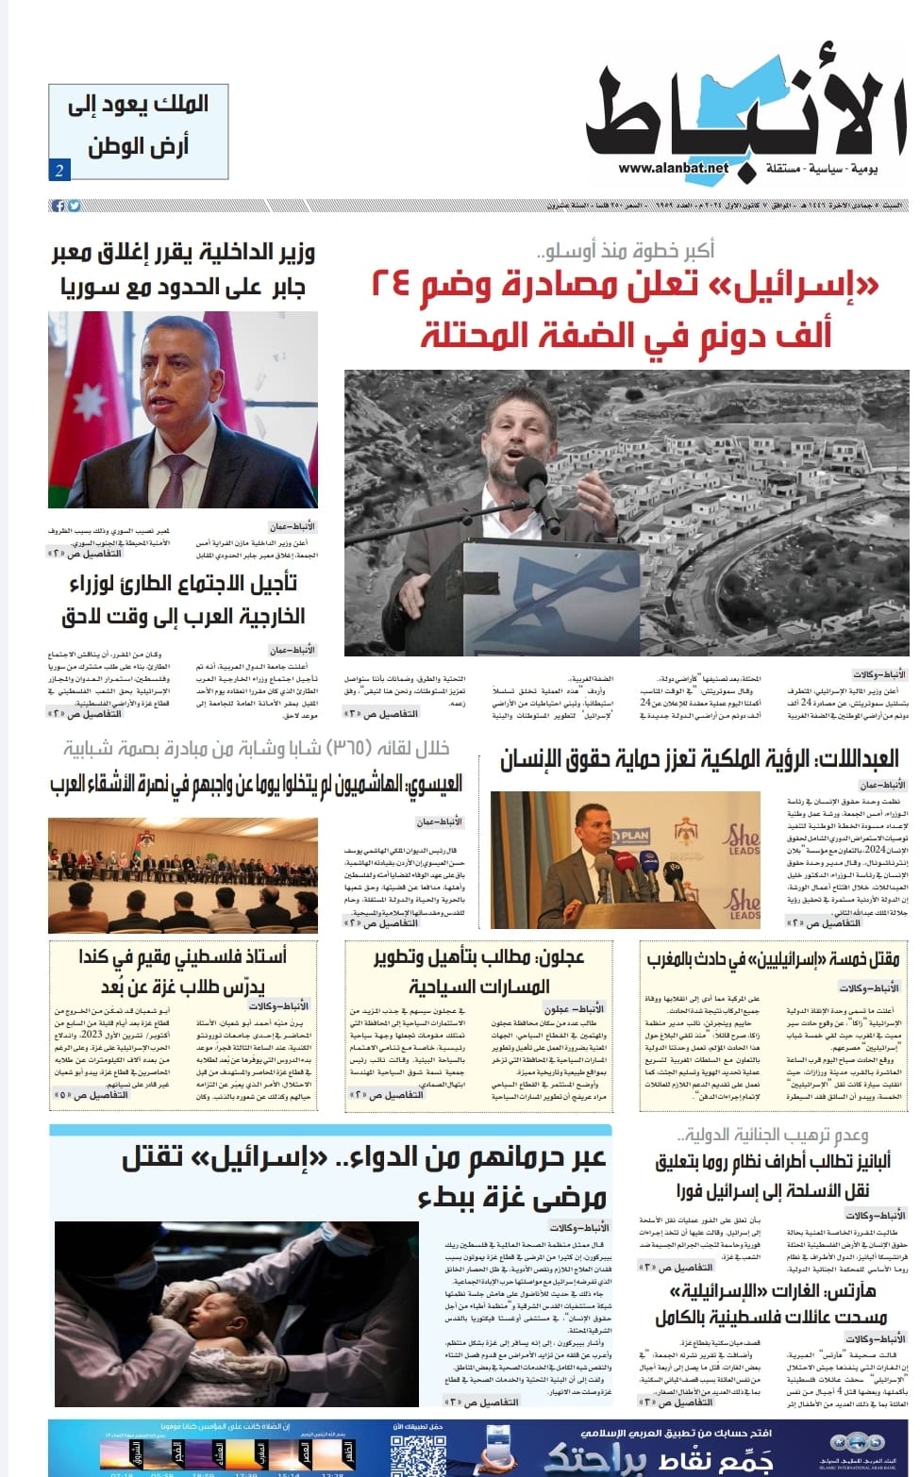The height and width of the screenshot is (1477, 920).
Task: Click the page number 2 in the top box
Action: tap(59, 171)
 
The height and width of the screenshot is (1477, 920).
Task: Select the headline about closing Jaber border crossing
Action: tap(182, 269)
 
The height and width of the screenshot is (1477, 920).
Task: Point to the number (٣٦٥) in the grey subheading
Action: tap(353, 749)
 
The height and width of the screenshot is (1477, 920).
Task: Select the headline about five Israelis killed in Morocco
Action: tap(773, 959)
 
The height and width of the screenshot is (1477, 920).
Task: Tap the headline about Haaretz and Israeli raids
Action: tap(773, 1303)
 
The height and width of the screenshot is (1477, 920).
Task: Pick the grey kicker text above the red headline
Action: tap(625, 250)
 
